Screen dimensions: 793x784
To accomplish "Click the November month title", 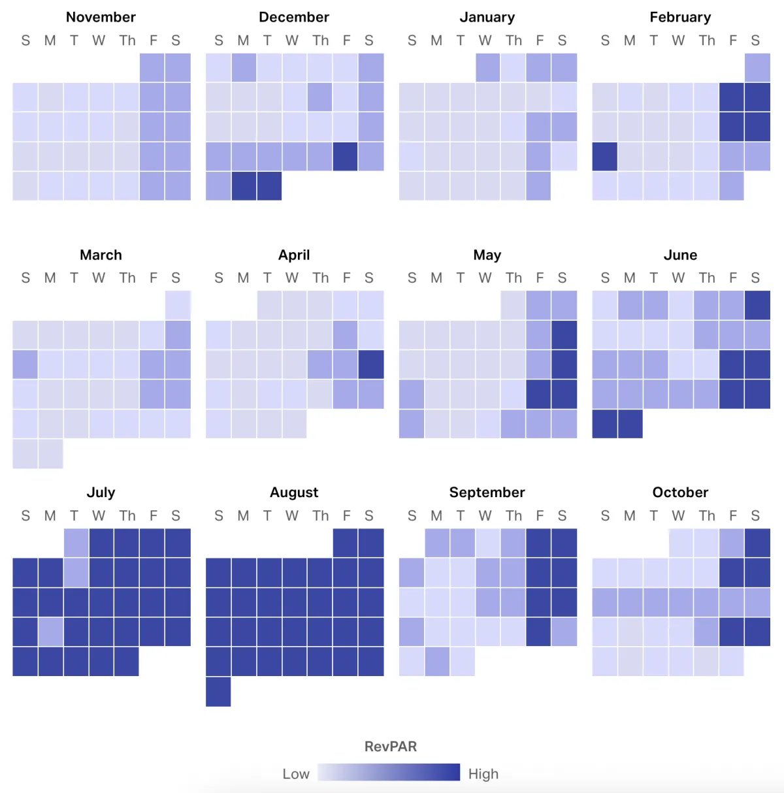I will pyautogui.click(x=101, y=18).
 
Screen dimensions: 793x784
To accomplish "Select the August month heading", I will pyautogui.click(x=294, y=493).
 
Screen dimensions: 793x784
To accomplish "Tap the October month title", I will pyautogui.click(x=680, y=493).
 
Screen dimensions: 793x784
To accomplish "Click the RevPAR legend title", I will pyautogui.click(x=391, y=747).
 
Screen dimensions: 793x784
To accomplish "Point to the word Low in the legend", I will pyautogui.click(x=296, y=774).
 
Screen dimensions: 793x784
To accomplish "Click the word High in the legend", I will pyautogui.click(x=483, y=774).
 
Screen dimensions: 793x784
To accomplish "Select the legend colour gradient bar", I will pyautogui.click(x=389, y=773).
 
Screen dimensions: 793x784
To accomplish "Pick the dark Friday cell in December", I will pyautogui.click(x=345, y=157).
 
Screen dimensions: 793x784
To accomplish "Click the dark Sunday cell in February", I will pyautogui.click(x=605, y=157).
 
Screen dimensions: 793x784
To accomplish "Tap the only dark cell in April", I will pyautogui.click(x=371, y=364).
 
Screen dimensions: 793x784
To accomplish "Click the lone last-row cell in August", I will pyautogui.click(x=218, y=692).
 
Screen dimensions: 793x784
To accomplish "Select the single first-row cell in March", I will pyautogui.click(x=178, y=305).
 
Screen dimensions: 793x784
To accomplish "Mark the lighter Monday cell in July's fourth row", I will pyautogui.click(x=51, y=632).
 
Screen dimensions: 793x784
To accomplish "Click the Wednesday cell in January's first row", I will pyautogui.click(x=488, y=68).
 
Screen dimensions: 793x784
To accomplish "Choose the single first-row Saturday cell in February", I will pyautogui.click(x=757, y=68).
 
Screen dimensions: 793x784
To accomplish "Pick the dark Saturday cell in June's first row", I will pyautogui.click(x=757, y=305).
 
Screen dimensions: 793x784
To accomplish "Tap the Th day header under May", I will pyautogui.click(x=514, y=278).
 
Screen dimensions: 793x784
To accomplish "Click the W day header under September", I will pyautogui.click(x=485, y=516).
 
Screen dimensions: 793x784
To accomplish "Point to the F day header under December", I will pyautogui.click(x=346, y=40).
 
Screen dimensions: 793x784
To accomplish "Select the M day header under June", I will pyautogui.click(x=630, y=278).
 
